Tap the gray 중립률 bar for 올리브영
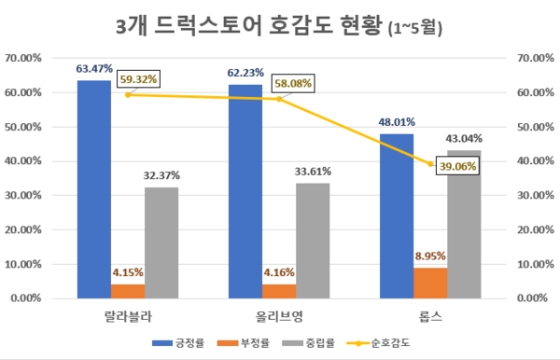[x=313, y=241]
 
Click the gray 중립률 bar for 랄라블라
[x=161, y=242]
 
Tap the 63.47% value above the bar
[x=95, y=68]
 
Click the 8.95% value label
[x=430, y=254]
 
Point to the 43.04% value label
[x=464, y=138]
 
